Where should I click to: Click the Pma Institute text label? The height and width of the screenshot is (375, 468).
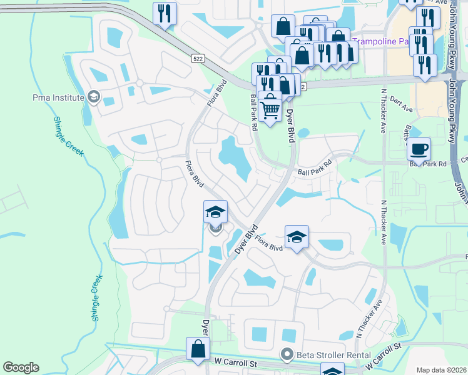58,97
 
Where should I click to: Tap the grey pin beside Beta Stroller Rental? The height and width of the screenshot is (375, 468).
287,354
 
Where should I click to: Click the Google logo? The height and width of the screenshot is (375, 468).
21,367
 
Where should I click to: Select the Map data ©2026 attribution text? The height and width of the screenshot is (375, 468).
441,370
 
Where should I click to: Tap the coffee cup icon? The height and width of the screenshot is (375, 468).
419,149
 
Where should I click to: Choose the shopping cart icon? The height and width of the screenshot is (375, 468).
270,108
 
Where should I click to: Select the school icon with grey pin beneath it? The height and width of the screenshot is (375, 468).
215,212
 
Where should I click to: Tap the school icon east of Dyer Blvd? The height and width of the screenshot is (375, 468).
297,236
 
